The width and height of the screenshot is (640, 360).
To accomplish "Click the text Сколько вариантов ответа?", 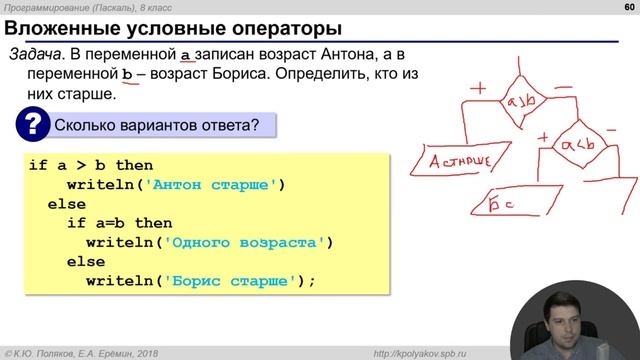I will (156, 126).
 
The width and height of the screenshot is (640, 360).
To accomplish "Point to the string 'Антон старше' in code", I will (216, 184).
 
